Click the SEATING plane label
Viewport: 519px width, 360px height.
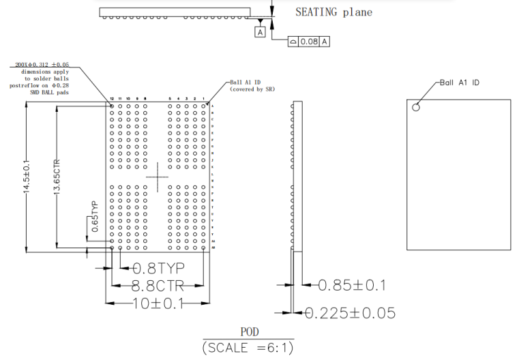pyautogui.click(x=333, y=12)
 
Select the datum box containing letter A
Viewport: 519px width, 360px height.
pyautogui.click(x=261, y=32)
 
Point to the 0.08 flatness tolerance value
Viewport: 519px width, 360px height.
pyautogui.click(x=309, y=42)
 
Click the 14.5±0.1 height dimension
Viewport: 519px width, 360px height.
pyautogui.click(x=27, y=178)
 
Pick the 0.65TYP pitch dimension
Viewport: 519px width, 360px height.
pyautogui.click(x=95, y=217)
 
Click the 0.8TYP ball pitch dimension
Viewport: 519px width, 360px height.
pyautogui.click(x=158, y=267)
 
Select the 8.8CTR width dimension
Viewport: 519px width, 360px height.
pyautogui.click(x=158, y=286)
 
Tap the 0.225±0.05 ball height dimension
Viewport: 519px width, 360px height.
pyautogui.click(x=349, y=313)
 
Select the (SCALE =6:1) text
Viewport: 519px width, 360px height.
pyautogui.click(x=248, y=348)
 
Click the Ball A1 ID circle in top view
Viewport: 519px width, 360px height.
pyautogui.click(x=416, y=106)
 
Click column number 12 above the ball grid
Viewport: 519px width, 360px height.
pyautogui.click(x=112, y=99)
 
